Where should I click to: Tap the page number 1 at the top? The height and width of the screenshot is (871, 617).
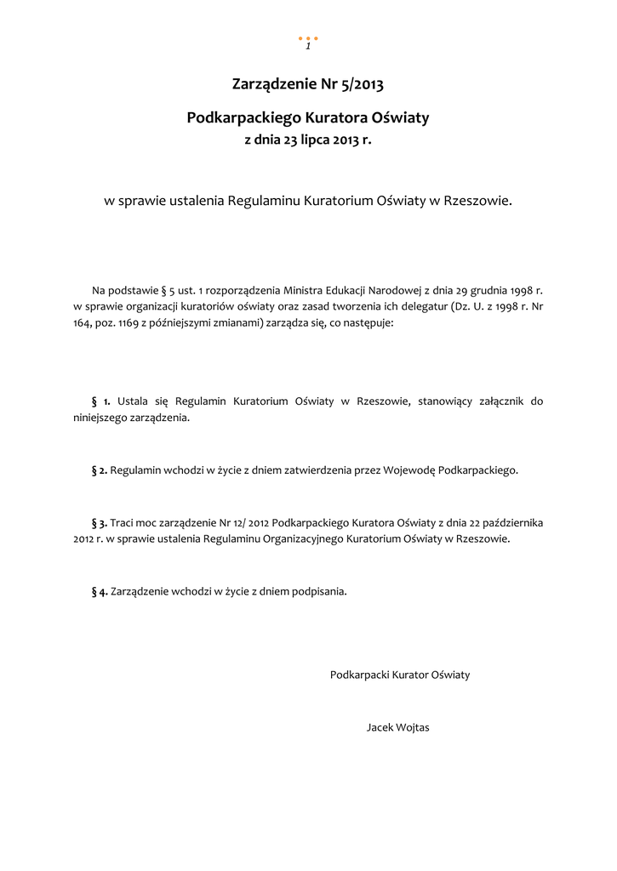coord(308,46)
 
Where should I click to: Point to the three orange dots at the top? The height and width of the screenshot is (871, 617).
coord(308,38)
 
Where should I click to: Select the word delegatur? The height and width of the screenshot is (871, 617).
coord(425,307)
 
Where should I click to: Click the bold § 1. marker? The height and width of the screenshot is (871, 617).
coord(101,401)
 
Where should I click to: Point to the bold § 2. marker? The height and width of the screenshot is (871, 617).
coord(100,470)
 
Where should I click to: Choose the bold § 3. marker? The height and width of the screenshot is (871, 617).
coord(100,522)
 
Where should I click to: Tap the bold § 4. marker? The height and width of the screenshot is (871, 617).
coord(100,591)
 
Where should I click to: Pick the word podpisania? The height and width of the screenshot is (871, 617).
coord(319,591)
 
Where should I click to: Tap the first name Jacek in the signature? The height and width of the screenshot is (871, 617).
coord(380,728)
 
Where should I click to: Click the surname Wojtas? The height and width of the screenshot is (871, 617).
coord(414,728)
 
